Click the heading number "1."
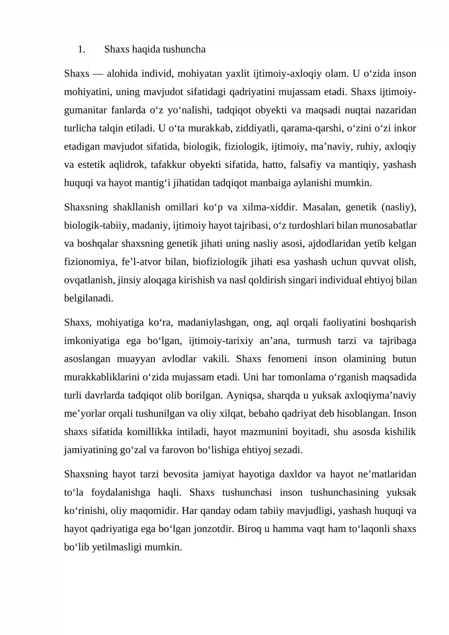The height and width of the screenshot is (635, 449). pos(81,49)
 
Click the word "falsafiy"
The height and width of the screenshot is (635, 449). pos(305,165)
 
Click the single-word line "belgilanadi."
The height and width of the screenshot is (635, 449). pos(89,298)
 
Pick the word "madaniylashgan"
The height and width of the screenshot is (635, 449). pos(213,323)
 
